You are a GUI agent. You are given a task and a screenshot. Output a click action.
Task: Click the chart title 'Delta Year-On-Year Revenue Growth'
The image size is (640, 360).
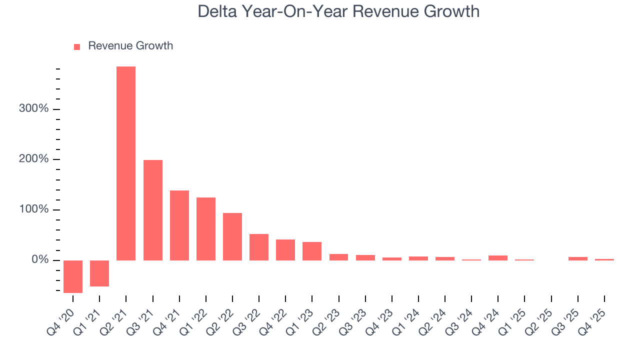coord(338,11)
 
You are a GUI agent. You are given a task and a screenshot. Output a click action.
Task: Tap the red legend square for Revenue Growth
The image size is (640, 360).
coord(77,46)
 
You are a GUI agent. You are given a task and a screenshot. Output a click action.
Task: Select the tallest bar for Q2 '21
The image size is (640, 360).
coord(126,163)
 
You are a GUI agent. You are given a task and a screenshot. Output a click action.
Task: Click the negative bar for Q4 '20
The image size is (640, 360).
coord(73,276)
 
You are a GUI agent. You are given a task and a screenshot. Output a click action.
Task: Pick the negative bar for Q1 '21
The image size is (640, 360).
coord(99,273)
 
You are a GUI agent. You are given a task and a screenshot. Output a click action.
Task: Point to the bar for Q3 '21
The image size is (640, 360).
coord(153,210)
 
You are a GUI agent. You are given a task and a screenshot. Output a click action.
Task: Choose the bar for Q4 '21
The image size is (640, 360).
coord(179,225)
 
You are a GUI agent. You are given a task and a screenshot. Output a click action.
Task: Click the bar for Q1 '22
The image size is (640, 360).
coord(206,228)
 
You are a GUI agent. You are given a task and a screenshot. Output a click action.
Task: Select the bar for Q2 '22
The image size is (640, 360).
coord(232,236)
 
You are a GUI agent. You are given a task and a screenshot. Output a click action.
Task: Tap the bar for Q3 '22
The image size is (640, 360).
coord(259,247)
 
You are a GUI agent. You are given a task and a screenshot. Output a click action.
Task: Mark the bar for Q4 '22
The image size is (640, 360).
coord(285,249)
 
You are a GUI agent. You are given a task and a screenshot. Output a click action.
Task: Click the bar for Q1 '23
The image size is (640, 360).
coord(312,251)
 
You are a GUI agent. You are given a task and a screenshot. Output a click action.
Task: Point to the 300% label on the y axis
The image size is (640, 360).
coord(33,109)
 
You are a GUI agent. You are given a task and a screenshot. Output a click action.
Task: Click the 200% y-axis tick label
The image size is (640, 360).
coord(33,159)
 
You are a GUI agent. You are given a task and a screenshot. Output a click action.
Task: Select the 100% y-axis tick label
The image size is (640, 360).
coord(33,209)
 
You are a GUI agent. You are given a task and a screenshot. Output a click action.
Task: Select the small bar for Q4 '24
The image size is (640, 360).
coord(498,257)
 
